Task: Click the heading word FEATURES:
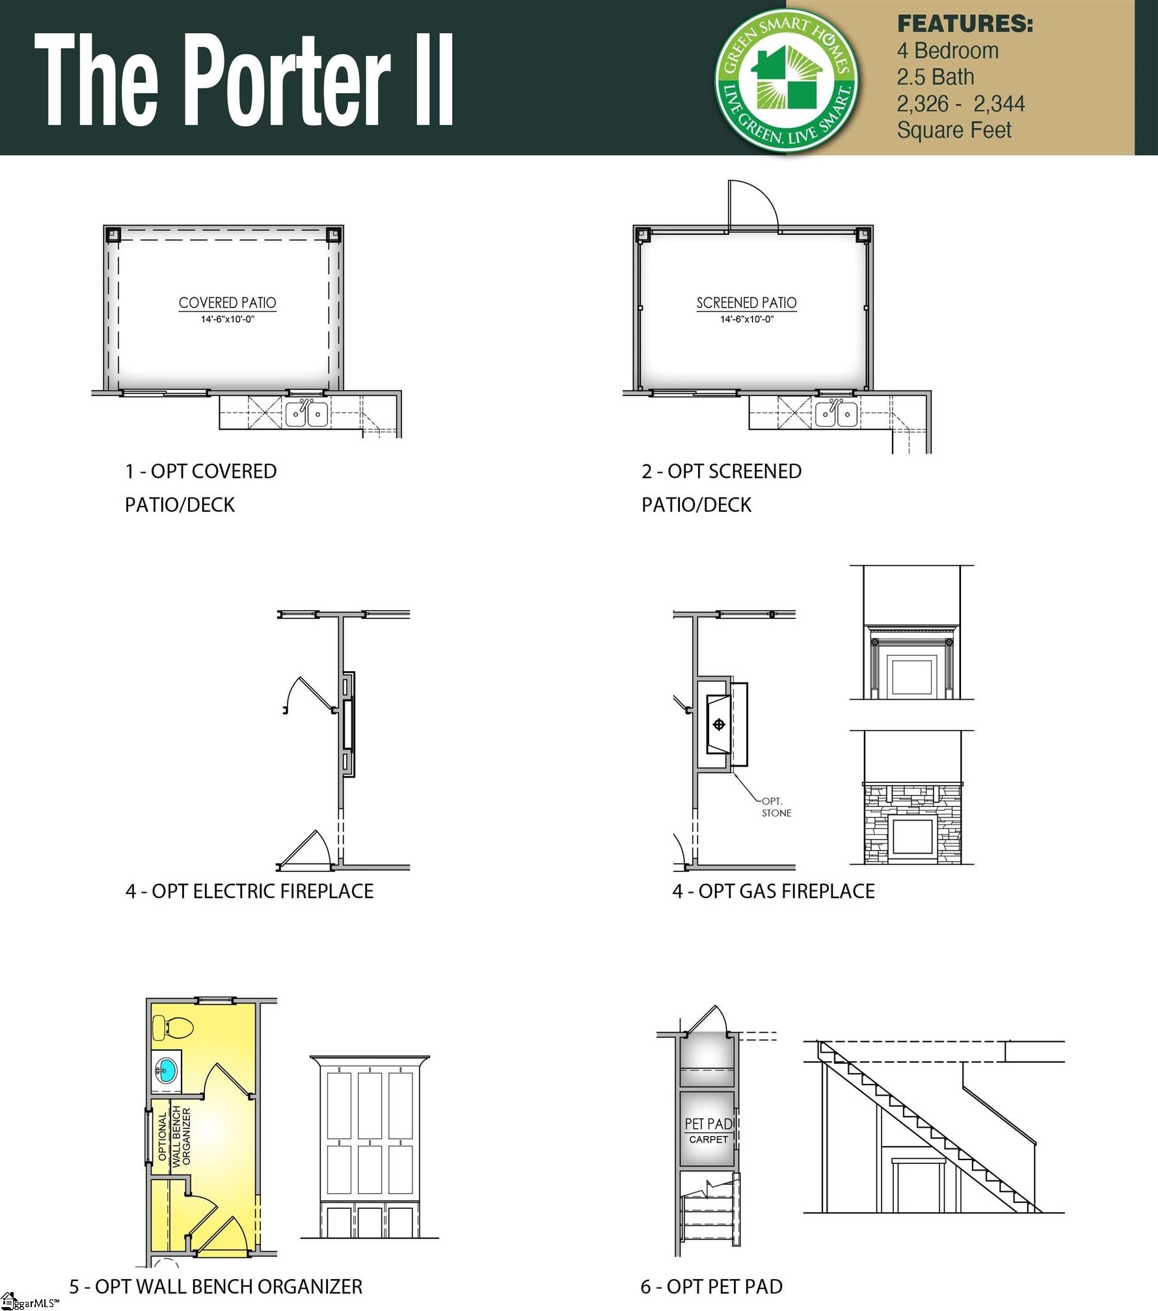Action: [964, 24]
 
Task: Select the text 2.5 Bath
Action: [935, 77]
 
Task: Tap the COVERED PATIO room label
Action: [227, 303]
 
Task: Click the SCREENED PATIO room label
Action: [746, 303]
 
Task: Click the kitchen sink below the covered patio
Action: [306, 414]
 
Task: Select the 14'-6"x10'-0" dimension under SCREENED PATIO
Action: [746, 319]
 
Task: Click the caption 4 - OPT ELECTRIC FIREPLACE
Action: [249, 891]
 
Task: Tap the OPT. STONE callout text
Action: [776, 807]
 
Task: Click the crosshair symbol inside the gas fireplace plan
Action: [719, 724]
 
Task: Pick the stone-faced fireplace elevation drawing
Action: [912, 823]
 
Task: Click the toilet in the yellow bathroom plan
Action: [172, 1028]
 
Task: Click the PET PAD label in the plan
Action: [708, 1124]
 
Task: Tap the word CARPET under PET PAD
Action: [708, 1139]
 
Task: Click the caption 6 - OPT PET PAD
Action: [711, 1286]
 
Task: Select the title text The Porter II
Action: [244, 79]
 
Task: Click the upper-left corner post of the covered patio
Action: [113, 234]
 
